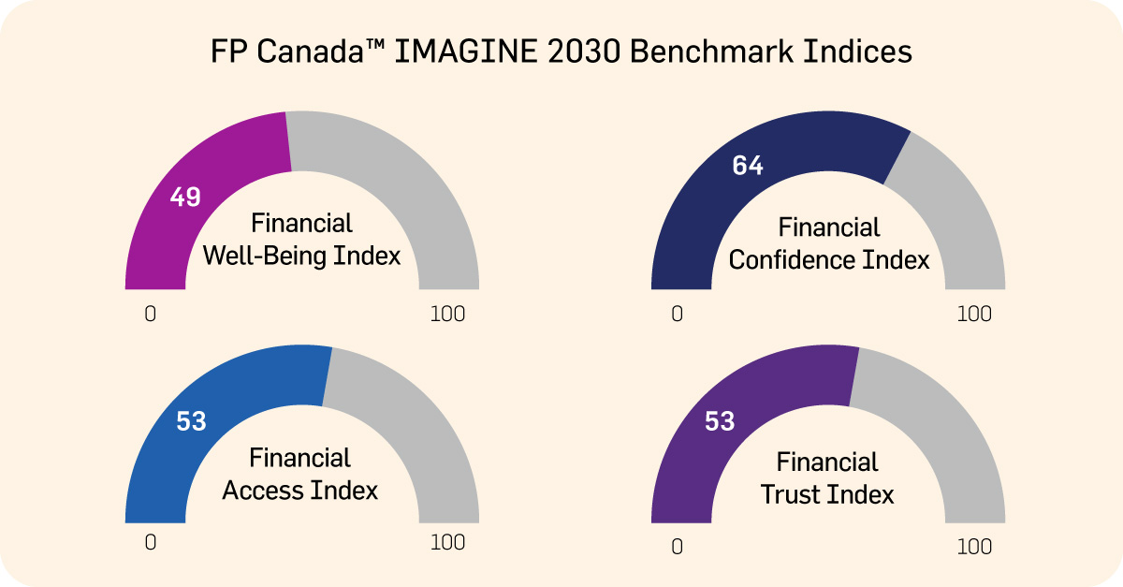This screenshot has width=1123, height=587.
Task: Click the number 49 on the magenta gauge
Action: pyautogui.click(x=185, y=198)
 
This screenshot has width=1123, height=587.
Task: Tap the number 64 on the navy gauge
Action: pyautogui.click(x=748, y=167)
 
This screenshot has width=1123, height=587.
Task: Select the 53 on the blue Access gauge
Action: pyautogui.click(x=191, y=422)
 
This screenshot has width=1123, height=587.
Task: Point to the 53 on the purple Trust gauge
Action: pyautogui.click(x=720, y=422)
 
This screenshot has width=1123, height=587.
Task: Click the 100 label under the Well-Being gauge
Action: pyautogui.click(x=447, y=315)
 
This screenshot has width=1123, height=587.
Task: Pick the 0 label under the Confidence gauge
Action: pyautogui.click(x=677, y=315)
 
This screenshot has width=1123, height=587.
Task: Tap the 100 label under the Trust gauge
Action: pyautogui.click(x=974, y=547)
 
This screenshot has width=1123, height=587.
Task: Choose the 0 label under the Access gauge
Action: pyautogui.click(x=150, y=543)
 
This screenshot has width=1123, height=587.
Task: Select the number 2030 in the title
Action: pyautogui.click(x=582, y=52)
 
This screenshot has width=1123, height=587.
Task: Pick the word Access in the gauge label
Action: pyautogui.click(x=269, y=490)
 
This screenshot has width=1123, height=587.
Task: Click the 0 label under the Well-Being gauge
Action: pyautogui.click(x=150, y=315)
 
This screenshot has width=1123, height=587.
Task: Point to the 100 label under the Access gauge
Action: pyautogui.click(x=447, y=543)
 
